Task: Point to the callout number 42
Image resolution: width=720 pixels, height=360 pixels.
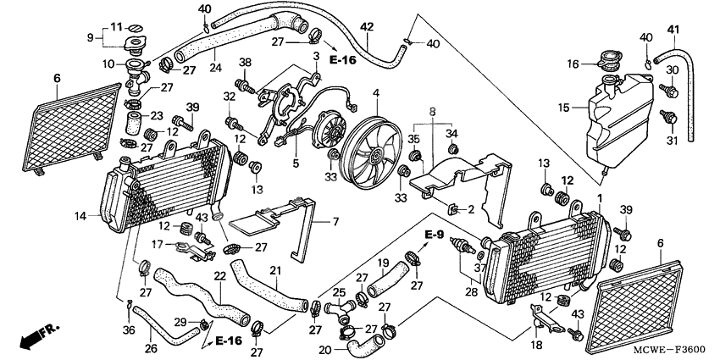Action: pos(366,27)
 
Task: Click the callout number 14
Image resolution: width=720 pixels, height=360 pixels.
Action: pos(80,216)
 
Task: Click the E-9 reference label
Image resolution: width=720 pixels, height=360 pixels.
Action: pos(435,234)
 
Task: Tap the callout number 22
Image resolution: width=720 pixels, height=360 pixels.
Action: pos(219,275)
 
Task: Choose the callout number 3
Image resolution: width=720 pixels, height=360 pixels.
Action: pos(316,56)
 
